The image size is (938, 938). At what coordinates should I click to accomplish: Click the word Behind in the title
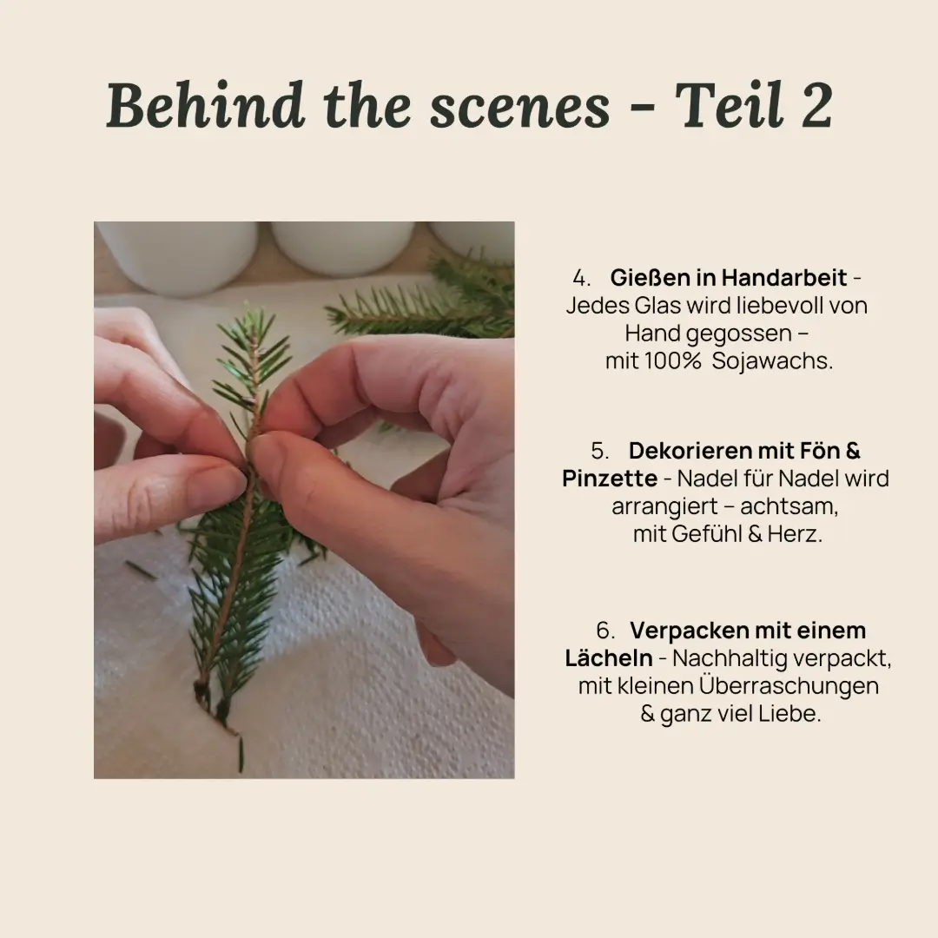tap(205, 105)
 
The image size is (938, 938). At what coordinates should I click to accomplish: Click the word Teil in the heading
tap(730, 105)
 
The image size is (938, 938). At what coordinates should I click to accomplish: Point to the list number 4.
tap(580, 278)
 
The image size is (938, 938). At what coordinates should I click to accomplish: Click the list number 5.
tap(599, 451)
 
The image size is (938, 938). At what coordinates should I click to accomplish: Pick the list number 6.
tap(604, 631)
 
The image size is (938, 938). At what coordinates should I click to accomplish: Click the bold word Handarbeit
tap(783, 278)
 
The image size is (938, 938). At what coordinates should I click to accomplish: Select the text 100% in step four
tap(672, 360)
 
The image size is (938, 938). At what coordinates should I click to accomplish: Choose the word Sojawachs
tap(772, 361)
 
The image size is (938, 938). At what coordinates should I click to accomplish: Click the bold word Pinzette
tap(610, 479)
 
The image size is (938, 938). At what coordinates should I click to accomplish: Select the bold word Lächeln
tap(608, 658)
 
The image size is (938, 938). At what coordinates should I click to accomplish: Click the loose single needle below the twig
tap(241, 755)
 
